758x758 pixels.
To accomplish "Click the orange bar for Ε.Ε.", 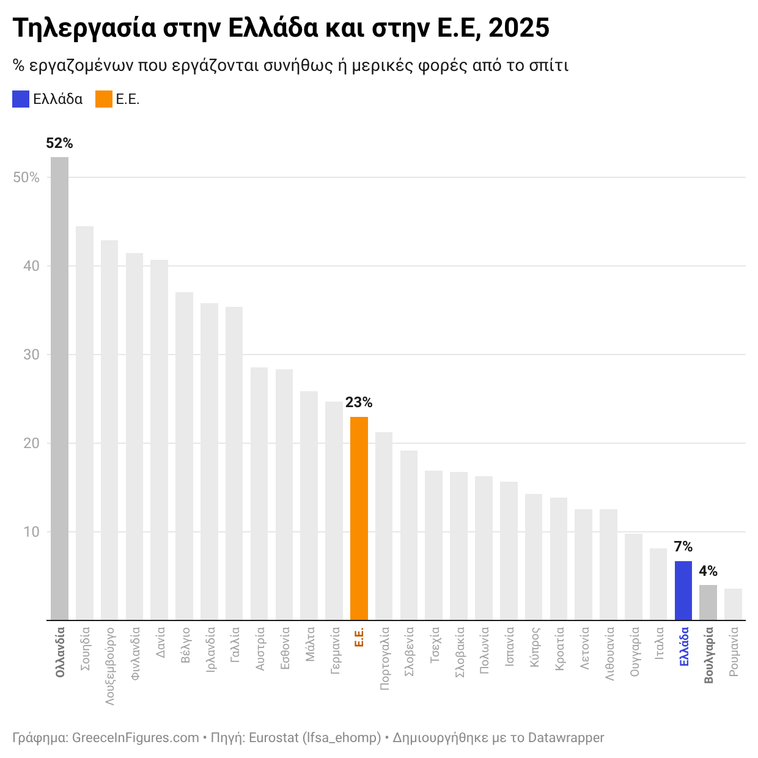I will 359,518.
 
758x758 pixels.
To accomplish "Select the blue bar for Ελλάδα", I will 683,591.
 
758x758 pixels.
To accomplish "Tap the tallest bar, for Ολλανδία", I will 59,388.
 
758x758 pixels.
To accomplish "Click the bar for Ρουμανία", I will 733,605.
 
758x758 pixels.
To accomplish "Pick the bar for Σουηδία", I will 84,423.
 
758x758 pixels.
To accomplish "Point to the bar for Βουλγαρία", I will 708,603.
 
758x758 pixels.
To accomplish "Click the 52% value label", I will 59,144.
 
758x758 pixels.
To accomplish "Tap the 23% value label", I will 359,403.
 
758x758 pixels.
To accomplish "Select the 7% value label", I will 683,546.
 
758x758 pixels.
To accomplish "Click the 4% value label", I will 708,572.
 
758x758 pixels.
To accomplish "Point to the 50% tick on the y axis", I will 26,178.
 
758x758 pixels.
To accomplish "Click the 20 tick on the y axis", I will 31,444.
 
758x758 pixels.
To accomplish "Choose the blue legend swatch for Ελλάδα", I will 21,100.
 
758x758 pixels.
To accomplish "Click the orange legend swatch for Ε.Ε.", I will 104,100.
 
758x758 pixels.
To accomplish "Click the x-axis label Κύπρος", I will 534,647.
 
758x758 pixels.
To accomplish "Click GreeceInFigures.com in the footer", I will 135,738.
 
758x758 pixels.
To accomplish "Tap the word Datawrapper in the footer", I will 565,738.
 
